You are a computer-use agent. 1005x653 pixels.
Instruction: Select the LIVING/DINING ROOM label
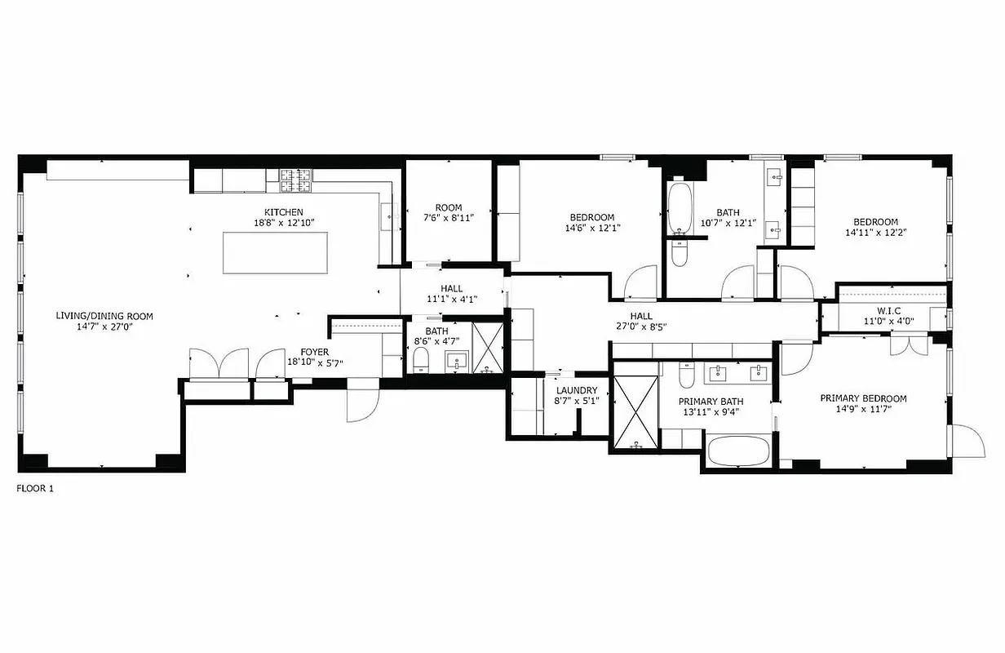[104, 316]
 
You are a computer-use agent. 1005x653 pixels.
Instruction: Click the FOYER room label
[314, 352]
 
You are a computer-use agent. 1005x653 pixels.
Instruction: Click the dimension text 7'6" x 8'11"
[448, 218]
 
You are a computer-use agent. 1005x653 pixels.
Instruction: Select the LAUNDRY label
[576, 390]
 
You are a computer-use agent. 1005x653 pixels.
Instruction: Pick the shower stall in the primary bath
[635, 412]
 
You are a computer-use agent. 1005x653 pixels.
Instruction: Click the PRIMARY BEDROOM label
[863, 398]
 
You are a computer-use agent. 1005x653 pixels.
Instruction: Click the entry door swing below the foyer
[361, 404]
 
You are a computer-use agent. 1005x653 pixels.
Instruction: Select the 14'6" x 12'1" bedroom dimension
[591, 229]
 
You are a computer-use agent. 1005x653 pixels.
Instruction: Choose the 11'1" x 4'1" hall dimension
[451, 299]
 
